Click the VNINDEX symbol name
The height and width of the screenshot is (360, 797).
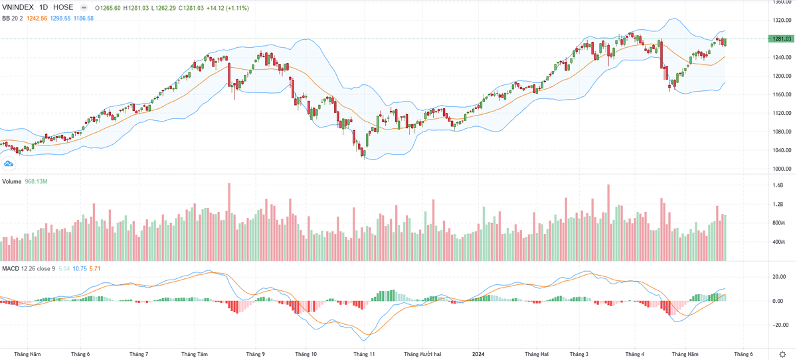[x=19, y=8]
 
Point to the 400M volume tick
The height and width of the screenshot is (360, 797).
[x=778, y=242]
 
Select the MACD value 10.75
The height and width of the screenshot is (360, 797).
[x=79, y=268]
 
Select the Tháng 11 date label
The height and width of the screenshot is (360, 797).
[x=364, y=354]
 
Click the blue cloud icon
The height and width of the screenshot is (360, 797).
[x=9, y=163]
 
